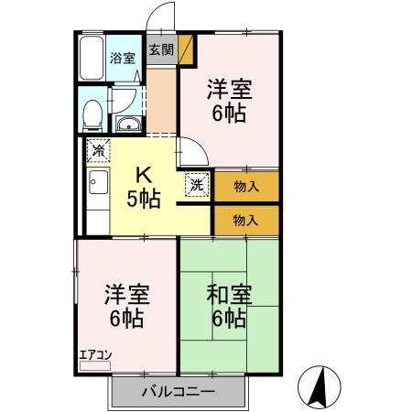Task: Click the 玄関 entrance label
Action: [x=160, y=49]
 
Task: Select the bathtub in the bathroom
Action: [x=91, y=59]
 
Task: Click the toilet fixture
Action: [x=92, y=114]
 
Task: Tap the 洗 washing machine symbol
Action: [x=197, y=183]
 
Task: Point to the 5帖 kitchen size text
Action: [x=145, y=197]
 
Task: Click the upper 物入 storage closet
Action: [x=245, y=187]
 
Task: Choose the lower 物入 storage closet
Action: [x=245, y=220]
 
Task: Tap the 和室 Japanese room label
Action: [x=229, y=296]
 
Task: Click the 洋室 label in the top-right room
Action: [x=229, y=90]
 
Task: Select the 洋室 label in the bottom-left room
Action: [x=125, y=296]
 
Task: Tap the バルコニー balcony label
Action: [x=179, y=392]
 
